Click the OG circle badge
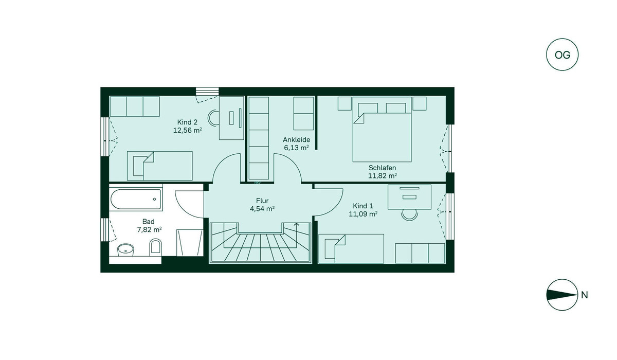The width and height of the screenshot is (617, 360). [562, 55]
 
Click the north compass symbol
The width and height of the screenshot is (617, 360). [562, 295]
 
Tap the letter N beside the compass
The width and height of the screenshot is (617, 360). [585, 295]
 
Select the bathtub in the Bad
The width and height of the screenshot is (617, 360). [136, 199]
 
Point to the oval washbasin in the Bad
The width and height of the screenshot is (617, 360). [125, 250]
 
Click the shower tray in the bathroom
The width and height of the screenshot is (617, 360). [190, 243]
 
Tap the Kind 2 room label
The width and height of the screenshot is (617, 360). [187, 122]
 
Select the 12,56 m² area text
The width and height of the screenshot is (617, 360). [187, 130]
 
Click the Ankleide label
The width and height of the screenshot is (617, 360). [296, 140]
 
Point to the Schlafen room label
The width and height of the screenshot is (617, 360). [383, 168]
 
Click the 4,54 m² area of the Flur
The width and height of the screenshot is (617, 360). [262, 209]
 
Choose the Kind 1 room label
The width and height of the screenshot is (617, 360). [363, 206]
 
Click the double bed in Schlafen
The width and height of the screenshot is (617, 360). [382, 129]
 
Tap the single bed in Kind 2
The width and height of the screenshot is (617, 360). [160, 166]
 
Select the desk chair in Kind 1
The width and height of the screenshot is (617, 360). [409, 214]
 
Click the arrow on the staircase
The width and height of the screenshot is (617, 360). [296, 227]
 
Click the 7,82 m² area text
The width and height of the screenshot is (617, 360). [149, 229]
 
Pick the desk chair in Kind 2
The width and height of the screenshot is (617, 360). [213, 118]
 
